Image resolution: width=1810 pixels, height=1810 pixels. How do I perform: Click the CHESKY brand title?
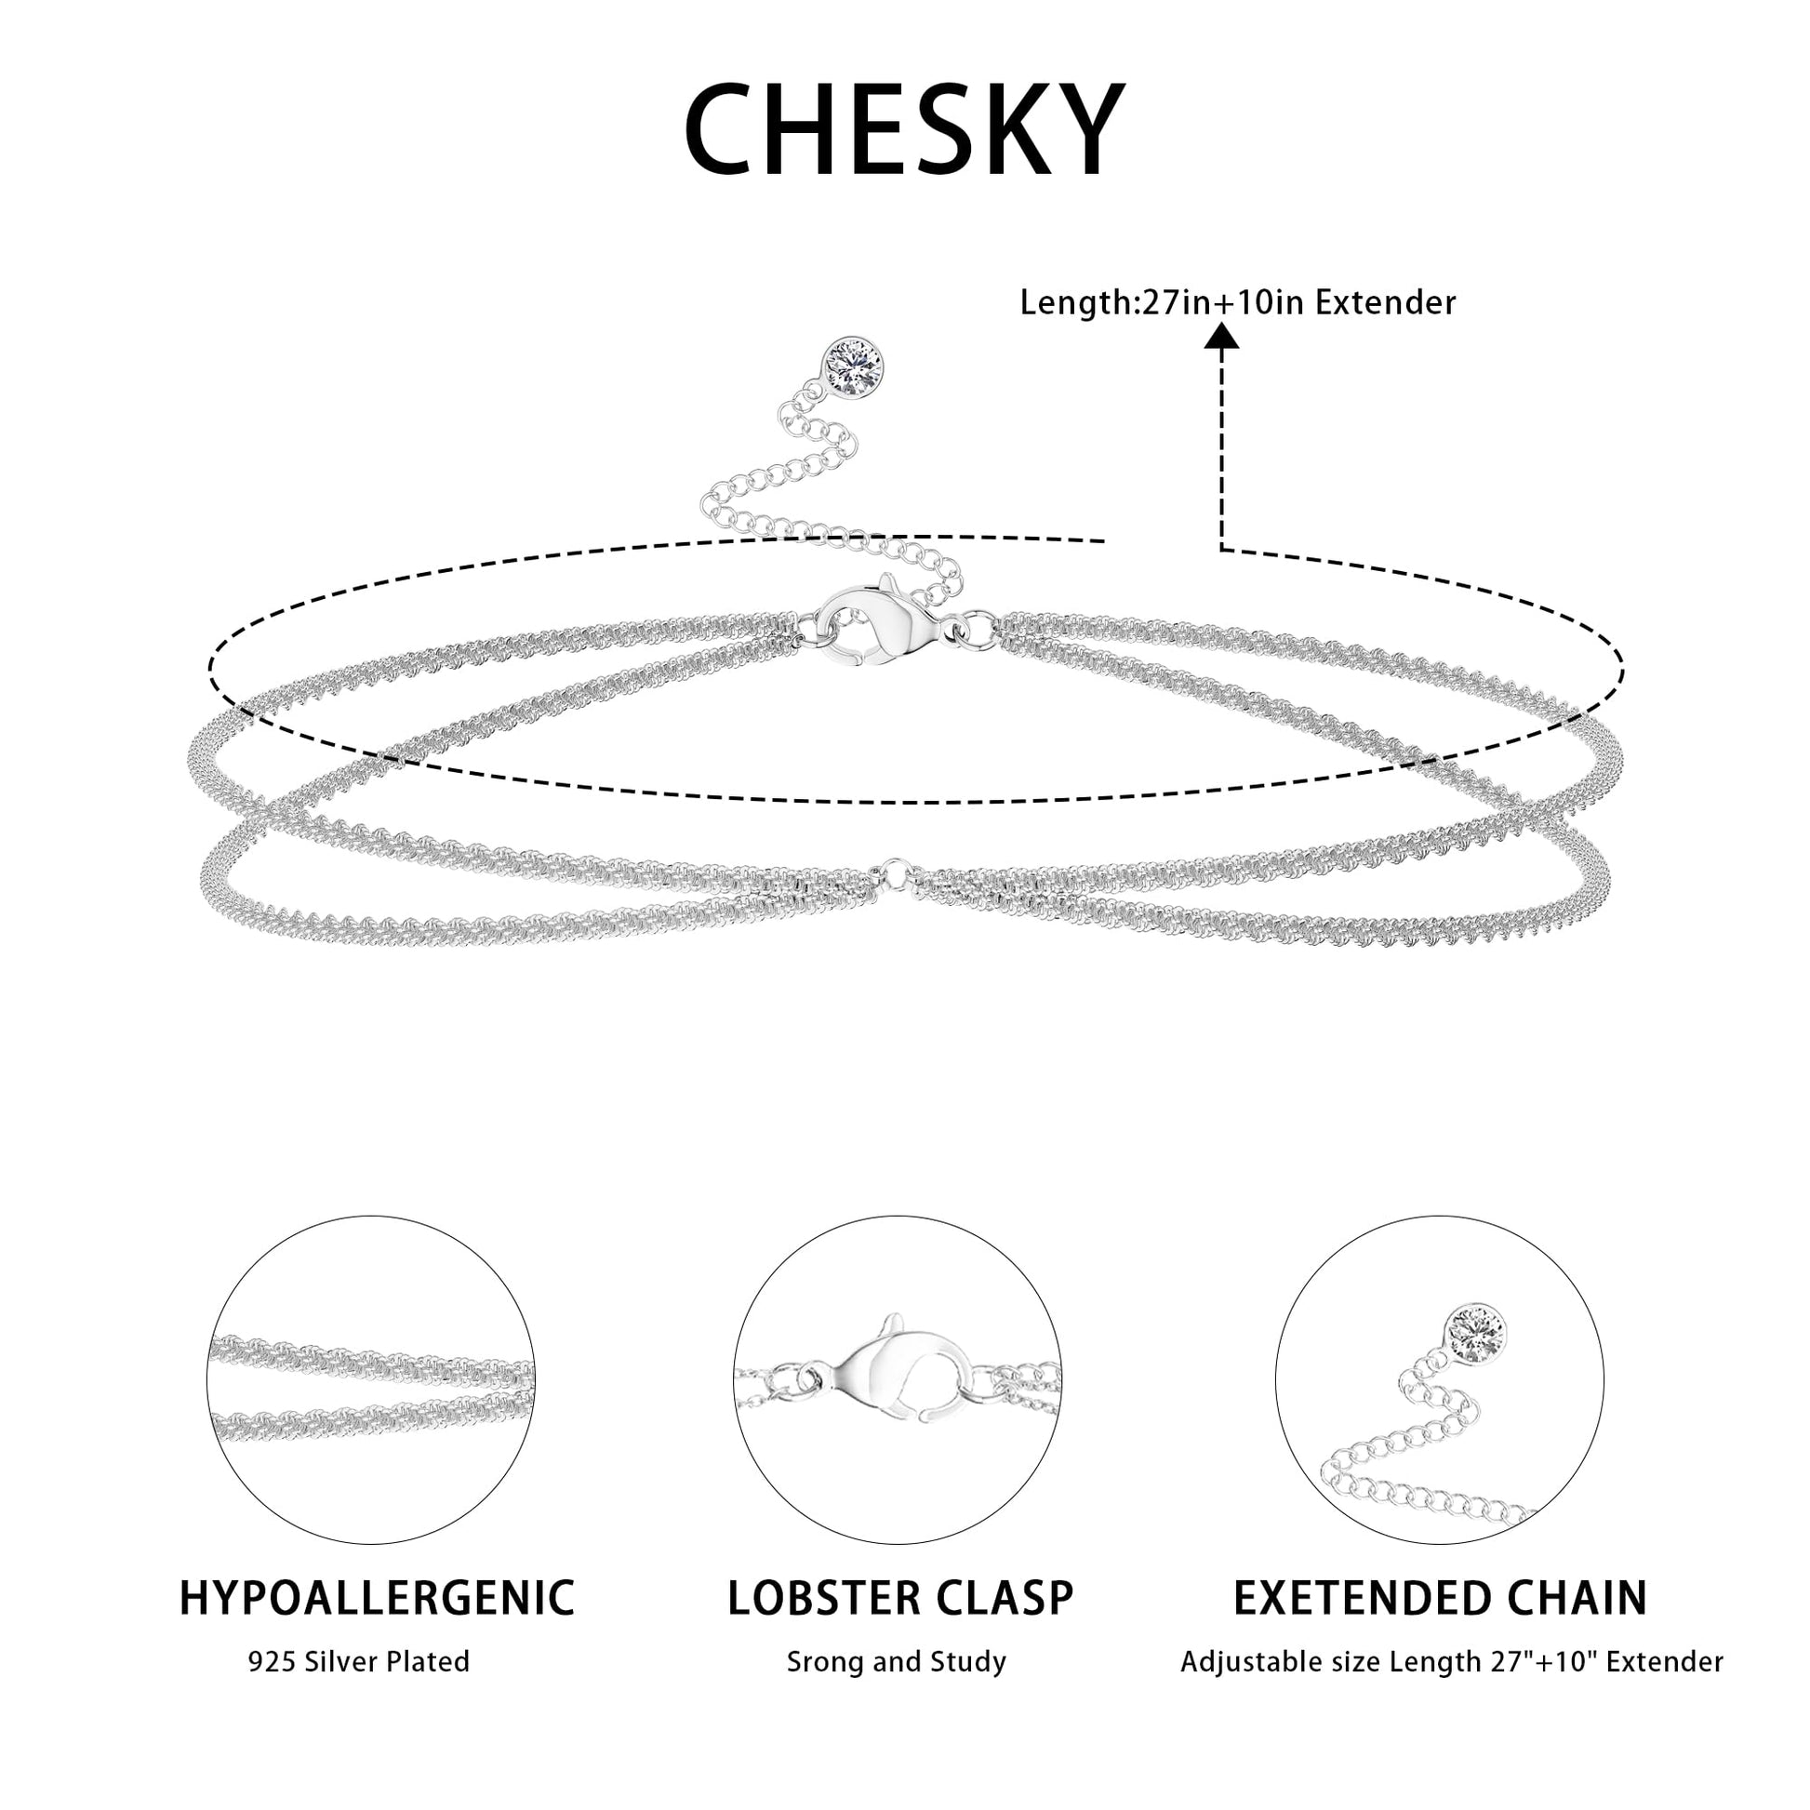pyautogui.click(x=904, y=129)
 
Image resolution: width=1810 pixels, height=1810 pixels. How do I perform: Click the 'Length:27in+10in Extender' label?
pyautogui.click(x=1238, y=302)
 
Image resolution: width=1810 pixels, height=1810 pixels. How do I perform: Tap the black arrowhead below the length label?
pyautogui.click(x=1221, y=336)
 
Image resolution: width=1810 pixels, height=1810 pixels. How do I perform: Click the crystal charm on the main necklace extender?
pyautogui.click(x=853, y=368)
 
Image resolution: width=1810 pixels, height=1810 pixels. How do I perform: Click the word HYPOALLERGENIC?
pyautogui.click(x=377, y=1596)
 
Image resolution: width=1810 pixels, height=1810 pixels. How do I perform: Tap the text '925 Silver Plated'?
pyautogui.click(x=359, y=1661)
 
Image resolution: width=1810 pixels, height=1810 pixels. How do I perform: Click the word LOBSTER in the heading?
pyautogui.click(x=818, y=1597)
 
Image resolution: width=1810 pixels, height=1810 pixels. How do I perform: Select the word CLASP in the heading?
pyautogui.click(x=999, y=1597)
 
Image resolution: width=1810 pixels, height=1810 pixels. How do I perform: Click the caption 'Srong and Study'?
pyautogui.click(x=897, y=1662)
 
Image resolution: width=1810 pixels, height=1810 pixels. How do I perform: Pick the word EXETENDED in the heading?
pyautogui.click(x=1362, y=1597)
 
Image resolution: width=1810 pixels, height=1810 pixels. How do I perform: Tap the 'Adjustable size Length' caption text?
pyautogui.click(x=1329, y=1662)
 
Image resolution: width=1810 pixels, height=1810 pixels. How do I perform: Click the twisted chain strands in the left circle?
pyautogui.click(x=372, y=1389)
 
